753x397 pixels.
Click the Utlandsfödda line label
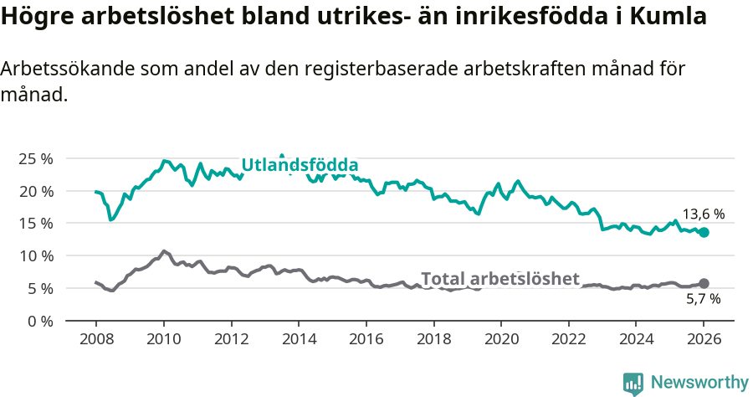(x=300, y=165)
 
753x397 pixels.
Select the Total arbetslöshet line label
(x=499, y=279)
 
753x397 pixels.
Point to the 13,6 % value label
(x=702, y=214)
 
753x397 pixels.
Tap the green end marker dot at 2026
(x=704, y=232)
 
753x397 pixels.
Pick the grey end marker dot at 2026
(x=704, y=284)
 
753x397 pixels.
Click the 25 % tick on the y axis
(x=36, y=159)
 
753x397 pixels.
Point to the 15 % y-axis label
(x=36, y=224)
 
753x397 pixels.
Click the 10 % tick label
(x=36, y=256)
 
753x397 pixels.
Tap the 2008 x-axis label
(x=96, y=340)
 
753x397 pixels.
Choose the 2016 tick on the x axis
(x=366, y=340)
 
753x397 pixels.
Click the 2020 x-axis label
(x=501, y=340)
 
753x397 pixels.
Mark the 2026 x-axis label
(x=704, y=340)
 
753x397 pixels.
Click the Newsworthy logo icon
(x=633, y=384)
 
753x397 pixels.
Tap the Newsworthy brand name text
(x=699, y=383)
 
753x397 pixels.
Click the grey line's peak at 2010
(x=163, y=250)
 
